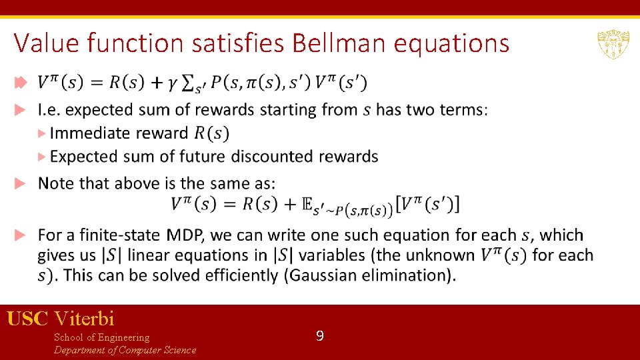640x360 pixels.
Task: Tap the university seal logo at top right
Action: point(611,44)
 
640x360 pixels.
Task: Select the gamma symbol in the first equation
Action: point(171,83)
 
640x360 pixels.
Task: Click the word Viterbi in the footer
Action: point(85,319)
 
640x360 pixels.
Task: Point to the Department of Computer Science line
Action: point(125,350)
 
